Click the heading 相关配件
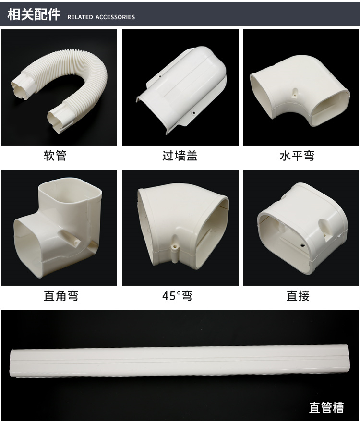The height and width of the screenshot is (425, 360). [34, 14]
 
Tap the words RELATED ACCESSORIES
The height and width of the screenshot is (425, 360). [101, 17]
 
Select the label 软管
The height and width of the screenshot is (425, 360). [55, 156]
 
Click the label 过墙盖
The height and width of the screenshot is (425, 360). [180, 156]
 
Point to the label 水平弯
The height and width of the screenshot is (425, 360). [297, 156]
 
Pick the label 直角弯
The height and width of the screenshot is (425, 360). [61, 296]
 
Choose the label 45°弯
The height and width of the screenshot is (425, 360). [178, 296]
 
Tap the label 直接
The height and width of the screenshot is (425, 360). [298, 296]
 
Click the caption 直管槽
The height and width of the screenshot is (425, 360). [326, 408]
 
